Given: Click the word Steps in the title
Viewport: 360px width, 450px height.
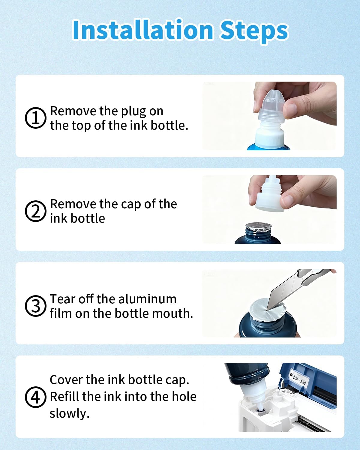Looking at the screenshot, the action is (x=254, y=32).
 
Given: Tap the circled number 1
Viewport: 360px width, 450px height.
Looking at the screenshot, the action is (x=36, y=118).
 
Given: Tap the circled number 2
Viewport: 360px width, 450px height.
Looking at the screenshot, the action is (x=36, y=211).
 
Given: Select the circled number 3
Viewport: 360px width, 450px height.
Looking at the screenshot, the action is (x=36, y=306).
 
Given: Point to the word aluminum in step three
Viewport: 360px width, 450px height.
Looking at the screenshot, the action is (x=147, y=299).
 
